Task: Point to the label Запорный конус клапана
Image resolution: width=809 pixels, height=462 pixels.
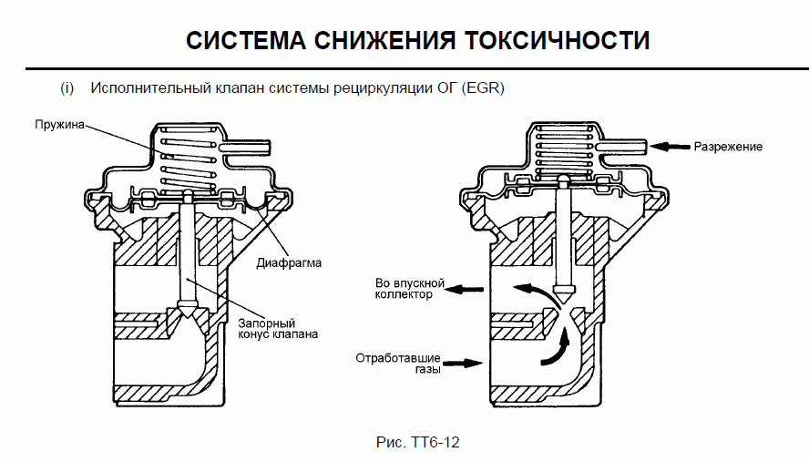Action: (278, 328)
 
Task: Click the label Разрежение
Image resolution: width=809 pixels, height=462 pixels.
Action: (728, 146)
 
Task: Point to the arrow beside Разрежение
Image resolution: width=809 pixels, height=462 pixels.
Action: (672, 146)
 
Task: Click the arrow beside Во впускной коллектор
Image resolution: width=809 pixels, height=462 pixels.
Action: (468, 289)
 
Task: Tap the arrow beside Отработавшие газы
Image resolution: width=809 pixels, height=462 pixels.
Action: (466, 363)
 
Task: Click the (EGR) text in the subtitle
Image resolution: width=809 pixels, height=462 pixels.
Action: (483, 88)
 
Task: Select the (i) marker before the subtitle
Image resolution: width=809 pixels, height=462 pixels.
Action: (67, 88)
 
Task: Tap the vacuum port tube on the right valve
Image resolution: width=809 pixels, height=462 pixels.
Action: (624, 145)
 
